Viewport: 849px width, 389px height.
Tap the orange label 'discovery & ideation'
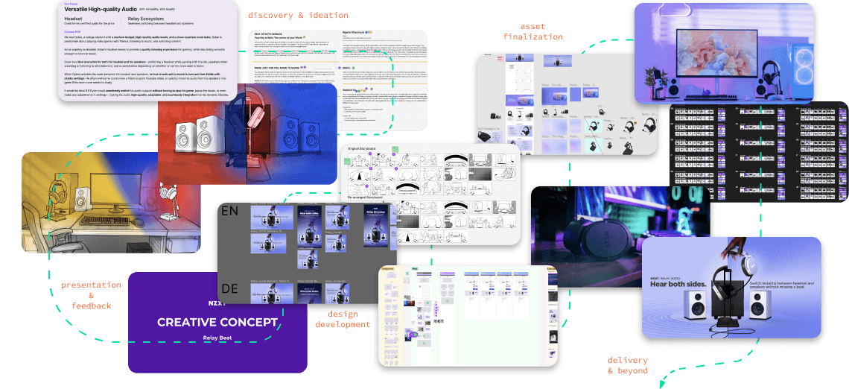pos(297,15)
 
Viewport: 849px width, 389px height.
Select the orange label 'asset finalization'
pos(532,31)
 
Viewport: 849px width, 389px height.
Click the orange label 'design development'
pos(343,319)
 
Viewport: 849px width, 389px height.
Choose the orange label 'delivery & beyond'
pos(627,365)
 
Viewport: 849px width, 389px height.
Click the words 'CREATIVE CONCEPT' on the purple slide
pos(217,323)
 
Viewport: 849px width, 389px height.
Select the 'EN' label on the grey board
pos(230,212)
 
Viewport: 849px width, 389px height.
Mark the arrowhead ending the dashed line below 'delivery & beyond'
pos(660,383)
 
